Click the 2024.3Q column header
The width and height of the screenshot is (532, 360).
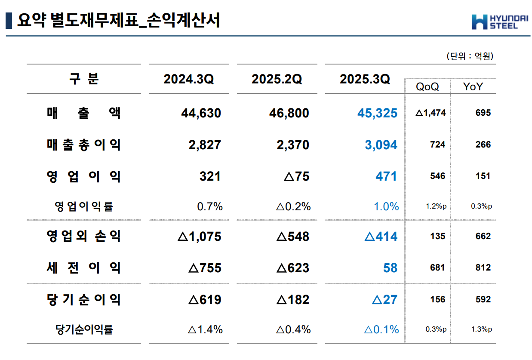(x=188, y=79)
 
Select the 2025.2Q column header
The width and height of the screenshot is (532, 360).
(x=277, y=79)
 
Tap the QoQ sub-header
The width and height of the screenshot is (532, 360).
(x=427, y=86)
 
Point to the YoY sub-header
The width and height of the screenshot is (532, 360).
(x=473, y=86)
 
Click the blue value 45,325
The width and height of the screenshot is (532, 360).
(x=377, y=113)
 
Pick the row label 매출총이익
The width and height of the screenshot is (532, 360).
(x=84, y=145)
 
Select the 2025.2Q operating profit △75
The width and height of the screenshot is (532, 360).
(x=297, y=176)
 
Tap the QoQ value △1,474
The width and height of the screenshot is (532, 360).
(x=431, y=113)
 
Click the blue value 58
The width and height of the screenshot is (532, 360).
(x=390, y=268)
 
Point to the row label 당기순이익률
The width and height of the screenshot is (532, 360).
(x=84, y=330)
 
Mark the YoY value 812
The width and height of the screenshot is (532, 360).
(x=483, y=268)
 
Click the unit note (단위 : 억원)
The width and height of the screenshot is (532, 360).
(x=469, y=56)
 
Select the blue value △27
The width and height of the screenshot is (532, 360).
(x=384, y=299)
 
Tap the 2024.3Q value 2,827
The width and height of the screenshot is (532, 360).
(x=205, y=145)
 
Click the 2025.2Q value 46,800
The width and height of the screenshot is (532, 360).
(x=289, y=113)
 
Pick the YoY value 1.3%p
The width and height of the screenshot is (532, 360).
(x=481, y=329)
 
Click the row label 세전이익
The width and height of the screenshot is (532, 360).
(x=84, y=268)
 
